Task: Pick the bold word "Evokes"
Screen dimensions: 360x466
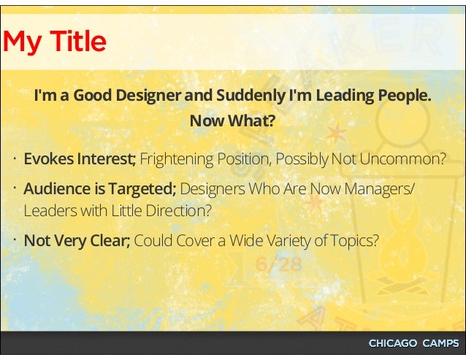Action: [45, 158]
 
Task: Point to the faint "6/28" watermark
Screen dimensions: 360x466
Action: [278, 264]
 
